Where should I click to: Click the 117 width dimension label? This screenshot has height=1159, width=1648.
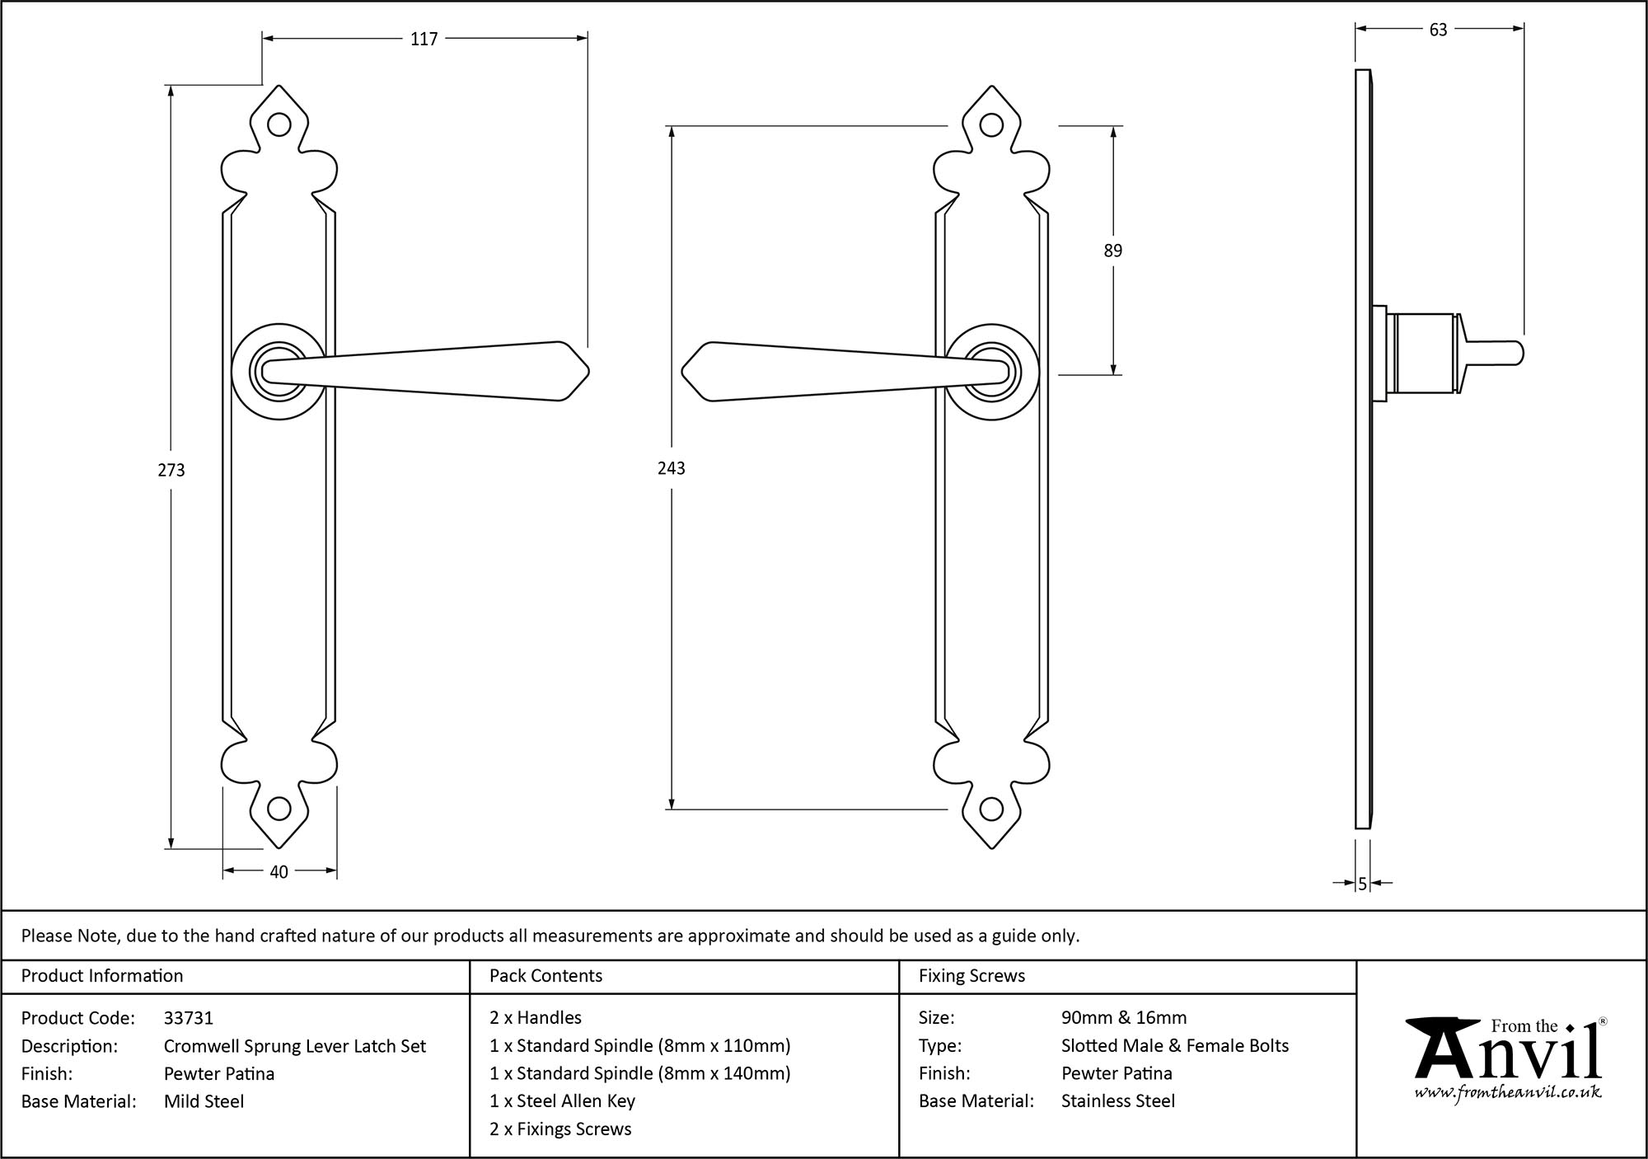424,39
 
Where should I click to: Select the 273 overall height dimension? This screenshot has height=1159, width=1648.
171,470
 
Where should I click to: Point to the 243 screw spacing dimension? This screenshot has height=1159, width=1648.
672,468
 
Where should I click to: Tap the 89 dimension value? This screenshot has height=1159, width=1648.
1112,251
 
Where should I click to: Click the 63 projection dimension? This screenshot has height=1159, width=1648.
1438,30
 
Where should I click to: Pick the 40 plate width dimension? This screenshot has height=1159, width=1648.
279,871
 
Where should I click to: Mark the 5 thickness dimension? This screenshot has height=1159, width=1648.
1363,884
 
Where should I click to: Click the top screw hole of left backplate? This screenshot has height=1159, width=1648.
279,125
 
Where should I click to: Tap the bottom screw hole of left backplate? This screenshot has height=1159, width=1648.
279,809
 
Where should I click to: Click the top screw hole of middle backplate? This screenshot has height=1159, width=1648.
992,125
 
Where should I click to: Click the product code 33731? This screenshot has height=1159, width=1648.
189,1018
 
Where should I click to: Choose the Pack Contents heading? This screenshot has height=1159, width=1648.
545,976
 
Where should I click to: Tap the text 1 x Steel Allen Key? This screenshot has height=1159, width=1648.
562,1101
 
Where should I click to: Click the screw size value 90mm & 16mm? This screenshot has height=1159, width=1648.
1124,1018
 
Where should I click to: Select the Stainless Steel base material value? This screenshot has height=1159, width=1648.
1118,1101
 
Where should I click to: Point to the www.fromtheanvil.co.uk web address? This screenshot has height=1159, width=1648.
1508,1092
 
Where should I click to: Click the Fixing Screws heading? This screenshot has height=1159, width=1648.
971,976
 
